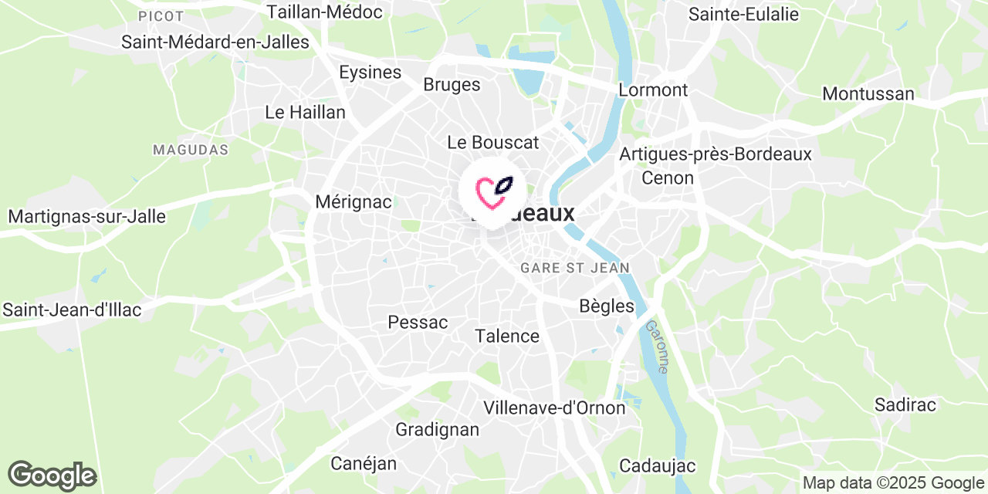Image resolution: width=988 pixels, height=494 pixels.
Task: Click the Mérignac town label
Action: pyautogui.click(x=354, y=202)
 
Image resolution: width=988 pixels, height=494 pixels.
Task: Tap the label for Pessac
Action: pyautogui.click(x=418, y=323)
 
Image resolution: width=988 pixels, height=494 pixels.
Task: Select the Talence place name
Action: pyautogui.click(x=507, y=337)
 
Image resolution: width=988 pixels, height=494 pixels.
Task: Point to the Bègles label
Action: pyautogui.click(x=607, y=306)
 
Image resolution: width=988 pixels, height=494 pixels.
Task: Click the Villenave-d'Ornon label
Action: pyautogui.click(x=554, y=408)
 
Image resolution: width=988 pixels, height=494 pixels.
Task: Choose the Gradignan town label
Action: pyautogui.click(x=437, y=429)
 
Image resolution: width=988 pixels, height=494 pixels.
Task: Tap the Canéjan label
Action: pyautogui.click(x=364, y=463)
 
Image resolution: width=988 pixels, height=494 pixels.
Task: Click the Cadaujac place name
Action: pyautogui.click(x=657, y=466)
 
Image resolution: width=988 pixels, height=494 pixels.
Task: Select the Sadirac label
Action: pyautogui.click(x=905, y=405)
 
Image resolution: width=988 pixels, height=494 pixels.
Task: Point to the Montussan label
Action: pyautogui.click(x=868, y=94)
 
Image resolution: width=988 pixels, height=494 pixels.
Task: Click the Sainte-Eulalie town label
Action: pyautogui.click(x=738, y=14)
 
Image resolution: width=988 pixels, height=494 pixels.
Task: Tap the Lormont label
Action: pyautogui.click(x=653, y=90)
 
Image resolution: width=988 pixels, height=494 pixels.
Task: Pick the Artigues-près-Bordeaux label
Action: pyautogui.click(x=716, y=154)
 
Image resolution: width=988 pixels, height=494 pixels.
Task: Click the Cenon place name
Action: pyautogui.click(x=668, y=178)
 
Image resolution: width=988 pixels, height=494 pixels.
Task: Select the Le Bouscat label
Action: pyautogui.click(x=493, y=143)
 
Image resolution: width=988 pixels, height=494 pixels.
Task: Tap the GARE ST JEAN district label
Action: pyautogui.click(x=575, y=268)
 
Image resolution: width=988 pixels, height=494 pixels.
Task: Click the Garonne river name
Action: pyautogui.click(x=658, y=347)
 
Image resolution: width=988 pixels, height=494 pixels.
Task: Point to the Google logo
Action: pyautogui.click(x=52, y=475)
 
